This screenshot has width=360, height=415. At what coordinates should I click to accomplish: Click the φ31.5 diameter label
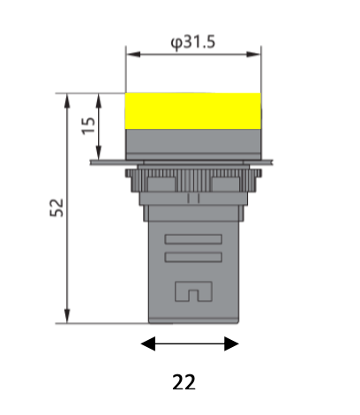point(193,41)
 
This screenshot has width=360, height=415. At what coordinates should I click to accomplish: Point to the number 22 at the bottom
point(184,382)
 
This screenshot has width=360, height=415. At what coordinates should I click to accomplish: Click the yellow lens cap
point(193,111)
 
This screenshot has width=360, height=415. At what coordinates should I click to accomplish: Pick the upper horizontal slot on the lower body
point(193,238)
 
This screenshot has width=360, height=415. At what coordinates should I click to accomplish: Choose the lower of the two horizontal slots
point(193,257)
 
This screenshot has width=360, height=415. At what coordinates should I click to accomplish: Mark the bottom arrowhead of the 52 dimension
point(67,318)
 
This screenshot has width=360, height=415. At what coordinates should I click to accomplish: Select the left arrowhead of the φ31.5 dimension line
point(131,55)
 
